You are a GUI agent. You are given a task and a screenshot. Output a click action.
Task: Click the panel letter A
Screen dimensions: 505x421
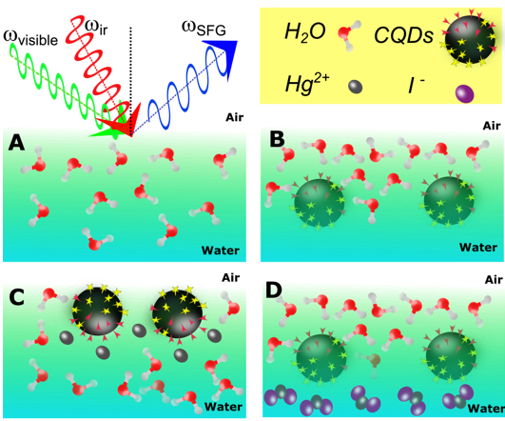16,143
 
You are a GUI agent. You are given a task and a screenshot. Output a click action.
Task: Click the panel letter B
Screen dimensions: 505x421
277,140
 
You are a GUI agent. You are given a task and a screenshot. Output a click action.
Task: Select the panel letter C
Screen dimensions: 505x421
17,297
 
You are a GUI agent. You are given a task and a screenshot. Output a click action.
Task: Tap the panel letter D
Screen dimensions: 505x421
274,291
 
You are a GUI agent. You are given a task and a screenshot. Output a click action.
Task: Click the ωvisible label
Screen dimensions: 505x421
30,38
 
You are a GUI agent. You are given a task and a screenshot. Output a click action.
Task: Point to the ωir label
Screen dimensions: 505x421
97,28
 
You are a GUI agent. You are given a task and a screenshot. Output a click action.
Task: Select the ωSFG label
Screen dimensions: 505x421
204,29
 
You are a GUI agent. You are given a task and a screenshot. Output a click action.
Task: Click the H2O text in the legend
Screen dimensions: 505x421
304,32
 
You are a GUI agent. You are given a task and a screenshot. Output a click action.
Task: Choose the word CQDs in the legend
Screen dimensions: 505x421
403,35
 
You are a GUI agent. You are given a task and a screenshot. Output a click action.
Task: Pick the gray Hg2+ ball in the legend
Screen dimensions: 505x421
356,87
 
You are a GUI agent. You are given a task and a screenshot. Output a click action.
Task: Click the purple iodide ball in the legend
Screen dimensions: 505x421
465,93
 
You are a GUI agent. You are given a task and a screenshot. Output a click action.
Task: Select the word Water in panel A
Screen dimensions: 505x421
221,251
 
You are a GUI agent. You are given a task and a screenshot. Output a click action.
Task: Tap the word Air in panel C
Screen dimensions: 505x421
230,277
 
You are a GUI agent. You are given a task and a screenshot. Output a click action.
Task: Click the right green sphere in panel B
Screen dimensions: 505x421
448,200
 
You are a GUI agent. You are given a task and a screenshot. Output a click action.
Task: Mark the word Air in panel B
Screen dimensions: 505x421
492,126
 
